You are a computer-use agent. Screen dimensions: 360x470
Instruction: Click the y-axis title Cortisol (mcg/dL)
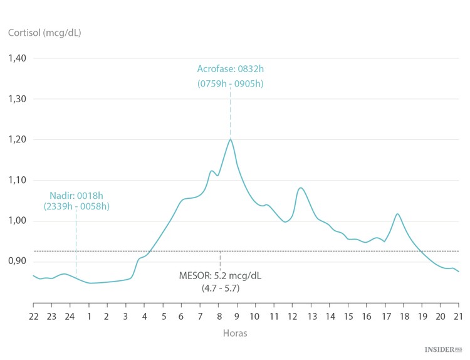pyautogui.click(x=44, y=32)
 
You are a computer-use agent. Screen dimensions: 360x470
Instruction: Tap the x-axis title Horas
pyautogui.click(x=235, y=333)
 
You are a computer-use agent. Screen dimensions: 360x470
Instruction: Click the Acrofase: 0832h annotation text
pyautogui.click(x=231, y=69)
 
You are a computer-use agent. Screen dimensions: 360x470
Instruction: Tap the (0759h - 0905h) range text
pyautogui.click(x=231, y=83)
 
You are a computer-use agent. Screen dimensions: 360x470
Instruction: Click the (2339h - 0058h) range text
pyautogui.click(x=76, y=206)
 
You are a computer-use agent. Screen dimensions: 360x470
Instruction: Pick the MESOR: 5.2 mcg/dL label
pyautogui.click(x=220, y=275)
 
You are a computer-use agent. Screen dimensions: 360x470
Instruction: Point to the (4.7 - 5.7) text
pyautogui.click(x=220, y=288)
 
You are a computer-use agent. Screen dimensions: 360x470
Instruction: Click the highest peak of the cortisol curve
pyautogui.click(x=231, y=139)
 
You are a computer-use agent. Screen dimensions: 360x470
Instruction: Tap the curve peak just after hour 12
pyautogui.click(x=301, y=188)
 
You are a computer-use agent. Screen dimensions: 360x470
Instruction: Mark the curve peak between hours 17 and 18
pyautogui.click(x=397, y=214)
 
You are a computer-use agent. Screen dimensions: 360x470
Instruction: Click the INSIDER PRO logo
pyautogui.click(x=443, y=347)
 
